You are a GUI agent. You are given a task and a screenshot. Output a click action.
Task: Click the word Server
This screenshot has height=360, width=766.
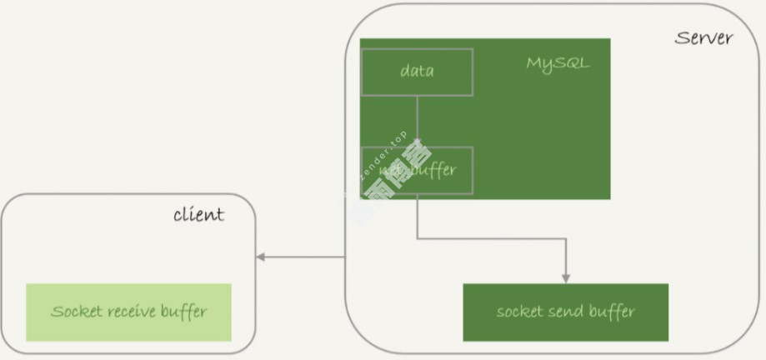click(x=703, y=37)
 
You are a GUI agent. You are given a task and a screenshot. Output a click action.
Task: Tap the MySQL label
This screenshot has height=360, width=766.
click(x=557, y=63)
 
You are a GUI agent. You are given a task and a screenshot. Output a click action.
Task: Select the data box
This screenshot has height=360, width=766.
click(x=417, y=72)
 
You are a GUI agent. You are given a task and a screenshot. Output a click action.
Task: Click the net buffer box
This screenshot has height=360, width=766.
click(x=417, y=171)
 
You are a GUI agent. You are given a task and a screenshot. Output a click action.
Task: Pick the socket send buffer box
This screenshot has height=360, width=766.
click(x=565, y=312)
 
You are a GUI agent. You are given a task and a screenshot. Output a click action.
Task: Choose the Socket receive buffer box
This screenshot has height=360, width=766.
click(x=128, y=312)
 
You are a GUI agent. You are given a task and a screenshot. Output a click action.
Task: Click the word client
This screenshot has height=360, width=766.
click(x=198, y=215)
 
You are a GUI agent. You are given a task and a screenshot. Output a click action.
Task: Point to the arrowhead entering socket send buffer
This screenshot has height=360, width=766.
click(x=567, y=277)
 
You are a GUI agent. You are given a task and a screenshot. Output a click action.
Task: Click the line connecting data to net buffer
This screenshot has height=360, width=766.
click(x=417, y=121)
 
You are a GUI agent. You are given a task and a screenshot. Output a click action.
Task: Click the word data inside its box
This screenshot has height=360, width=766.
click(x=417, y=72)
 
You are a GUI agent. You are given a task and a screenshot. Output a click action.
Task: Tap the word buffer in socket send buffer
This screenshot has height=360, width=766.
click(x=614, y=312)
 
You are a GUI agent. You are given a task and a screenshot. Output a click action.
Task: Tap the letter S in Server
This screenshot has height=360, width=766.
click(x=681, y=38)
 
